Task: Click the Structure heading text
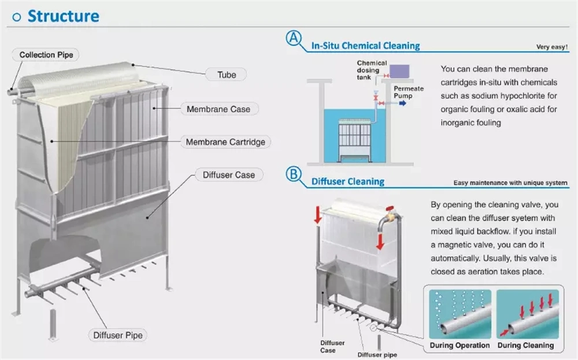pos(64,16)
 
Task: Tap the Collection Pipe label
pos(46,55)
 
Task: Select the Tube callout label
pos(227,75)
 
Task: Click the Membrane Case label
pos(218,109)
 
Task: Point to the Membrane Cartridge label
pos(225,142)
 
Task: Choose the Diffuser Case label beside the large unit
pos(228,175)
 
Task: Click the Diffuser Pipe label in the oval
pos(117,335)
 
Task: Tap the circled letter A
pos(294,38)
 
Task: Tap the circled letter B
pos(294,174)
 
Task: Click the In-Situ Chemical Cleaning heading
pos(366,46)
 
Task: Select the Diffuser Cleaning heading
pos(348,181)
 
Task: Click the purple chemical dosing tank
pos(399,71)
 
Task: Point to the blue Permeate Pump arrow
pos(402,103)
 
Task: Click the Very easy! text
pos(552,47)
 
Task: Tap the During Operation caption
pos(460,345)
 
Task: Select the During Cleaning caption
pos(525,345)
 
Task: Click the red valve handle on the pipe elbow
pos(390,209)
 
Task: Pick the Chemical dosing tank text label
pos(372,70)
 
